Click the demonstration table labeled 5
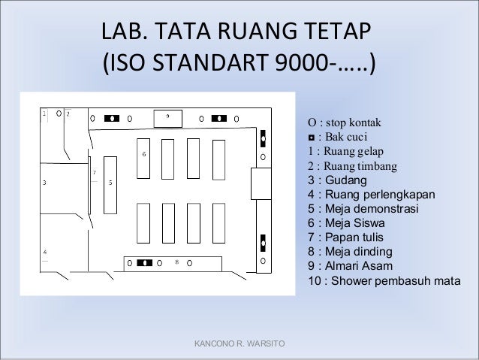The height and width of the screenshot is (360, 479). coord(110,185)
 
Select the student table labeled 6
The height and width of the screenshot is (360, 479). coord(143,159)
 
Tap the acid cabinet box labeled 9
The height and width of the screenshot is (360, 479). coord(168,118)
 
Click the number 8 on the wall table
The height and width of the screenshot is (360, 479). coord(177,262)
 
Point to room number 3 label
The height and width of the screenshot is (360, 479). coord(44,183)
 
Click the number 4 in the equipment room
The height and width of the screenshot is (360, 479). coord(45,252)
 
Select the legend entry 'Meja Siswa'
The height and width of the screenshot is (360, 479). coord(346,222)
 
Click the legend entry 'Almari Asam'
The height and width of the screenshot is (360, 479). coord(350,265)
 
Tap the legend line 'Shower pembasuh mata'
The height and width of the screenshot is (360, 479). coord(384,280)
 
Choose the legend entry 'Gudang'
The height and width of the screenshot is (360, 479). coord(337,180)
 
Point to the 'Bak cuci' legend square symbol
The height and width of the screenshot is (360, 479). coord(312,138)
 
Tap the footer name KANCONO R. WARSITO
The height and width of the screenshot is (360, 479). coord(239,343)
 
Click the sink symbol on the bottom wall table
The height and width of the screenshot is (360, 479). coord(144,263)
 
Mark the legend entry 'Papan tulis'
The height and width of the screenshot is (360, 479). coord(345,237)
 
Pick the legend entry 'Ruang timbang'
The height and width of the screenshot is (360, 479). coord(353,166)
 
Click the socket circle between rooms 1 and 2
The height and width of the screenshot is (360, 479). coord(59,113)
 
